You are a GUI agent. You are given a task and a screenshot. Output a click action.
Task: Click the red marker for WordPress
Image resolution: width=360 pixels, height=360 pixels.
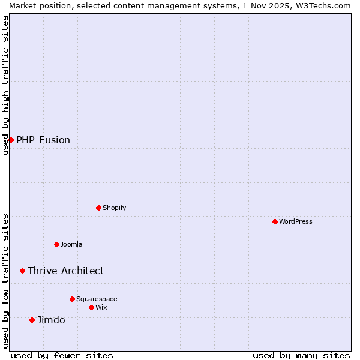pos(275,221)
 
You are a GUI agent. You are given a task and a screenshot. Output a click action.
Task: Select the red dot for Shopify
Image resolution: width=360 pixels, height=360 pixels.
pos(98,208)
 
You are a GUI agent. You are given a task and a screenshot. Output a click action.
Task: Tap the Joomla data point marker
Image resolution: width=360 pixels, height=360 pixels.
pos(56,244)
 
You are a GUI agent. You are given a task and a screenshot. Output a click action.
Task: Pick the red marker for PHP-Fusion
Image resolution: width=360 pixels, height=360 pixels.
pos(11,140)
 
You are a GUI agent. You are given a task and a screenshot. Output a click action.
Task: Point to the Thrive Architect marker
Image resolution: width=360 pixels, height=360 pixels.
pos(22,271)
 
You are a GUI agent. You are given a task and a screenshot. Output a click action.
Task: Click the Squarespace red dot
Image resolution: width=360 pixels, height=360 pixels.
pos(72,299)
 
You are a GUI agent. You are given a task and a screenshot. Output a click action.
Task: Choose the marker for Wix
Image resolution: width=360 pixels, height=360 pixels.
pos(91,307)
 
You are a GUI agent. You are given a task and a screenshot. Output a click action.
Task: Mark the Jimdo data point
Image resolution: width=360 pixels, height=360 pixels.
pos(32,320)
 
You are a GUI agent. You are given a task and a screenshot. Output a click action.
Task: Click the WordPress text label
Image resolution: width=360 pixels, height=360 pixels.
pos(296,221)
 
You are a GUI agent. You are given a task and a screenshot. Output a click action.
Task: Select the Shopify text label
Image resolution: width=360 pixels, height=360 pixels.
pos(115,208)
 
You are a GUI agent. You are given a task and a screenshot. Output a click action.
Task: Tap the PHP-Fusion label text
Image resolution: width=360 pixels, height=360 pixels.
pos(43,140)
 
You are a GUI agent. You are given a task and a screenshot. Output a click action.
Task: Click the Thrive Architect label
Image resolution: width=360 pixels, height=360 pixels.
pos(66,271)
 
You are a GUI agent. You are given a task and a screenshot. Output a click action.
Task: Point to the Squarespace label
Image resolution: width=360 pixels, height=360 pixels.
pos(97,299)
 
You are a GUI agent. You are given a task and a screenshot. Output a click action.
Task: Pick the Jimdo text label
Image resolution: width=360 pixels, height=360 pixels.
pos(52,320)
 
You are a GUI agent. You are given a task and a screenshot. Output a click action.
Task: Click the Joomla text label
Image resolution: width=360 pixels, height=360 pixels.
pos(71,244)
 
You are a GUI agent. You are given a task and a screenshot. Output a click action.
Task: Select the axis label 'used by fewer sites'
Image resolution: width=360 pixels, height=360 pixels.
pos(62,355)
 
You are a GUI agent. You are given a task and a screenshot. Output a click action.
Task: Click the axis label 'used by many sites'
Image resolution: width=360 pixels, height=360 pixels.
pos(301,355)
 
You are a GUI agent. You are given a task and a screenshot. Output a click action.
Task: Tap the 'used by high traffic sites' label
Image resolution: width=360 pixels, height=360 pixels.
pos(5,85)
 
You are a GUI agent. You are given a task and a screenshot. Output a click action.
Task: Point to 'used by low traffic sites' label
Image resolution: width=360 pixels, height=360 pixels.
pos(5,281)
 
